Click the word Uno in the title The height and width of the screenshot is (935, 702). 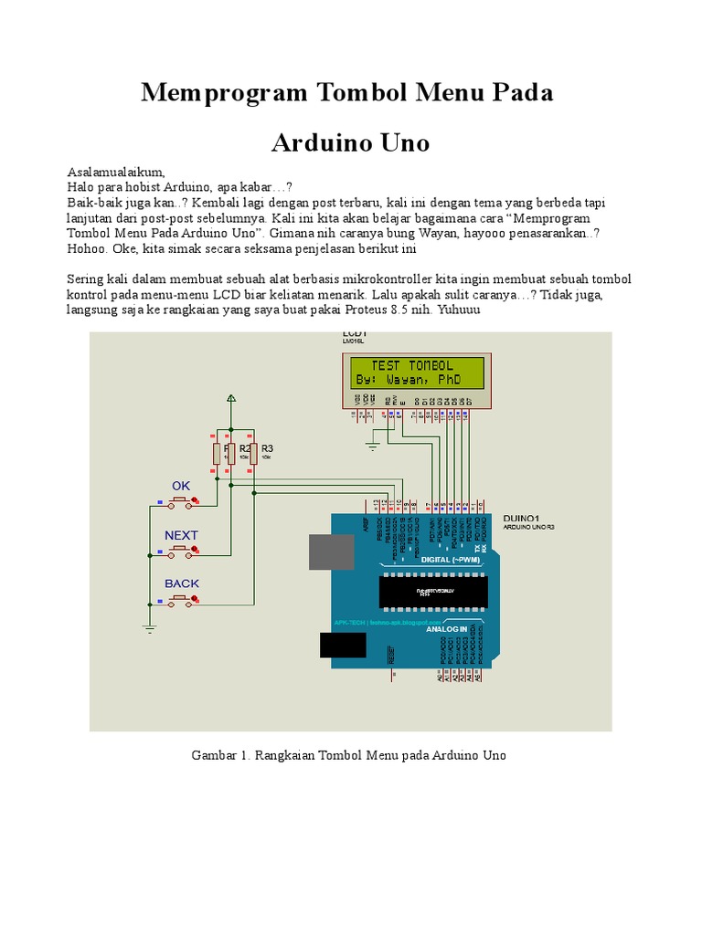click(x=399, y=143)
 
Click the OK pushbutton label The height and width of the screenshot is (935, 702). click(x=181, y=486)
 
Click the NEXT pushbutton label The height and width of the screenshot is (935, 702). click(x=181, y=535)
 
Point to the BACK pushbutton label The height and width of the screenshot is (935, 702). click(x=181, y=583)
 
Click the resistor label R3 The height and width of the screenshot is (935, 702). click(x=267, y=448)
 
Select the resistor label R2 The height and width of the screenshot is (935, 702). click(x=245, y=448)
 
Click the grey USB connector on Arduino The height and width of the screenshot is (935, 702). click(x=330, y=552)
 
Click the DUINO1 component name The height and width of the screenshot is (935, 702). click(x=522, y=518)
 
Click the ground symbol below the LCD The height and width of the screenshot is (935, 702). click(x=371, y=446)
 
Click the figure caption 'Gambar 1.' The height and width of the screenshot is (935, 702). click(x=221, y=755)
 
